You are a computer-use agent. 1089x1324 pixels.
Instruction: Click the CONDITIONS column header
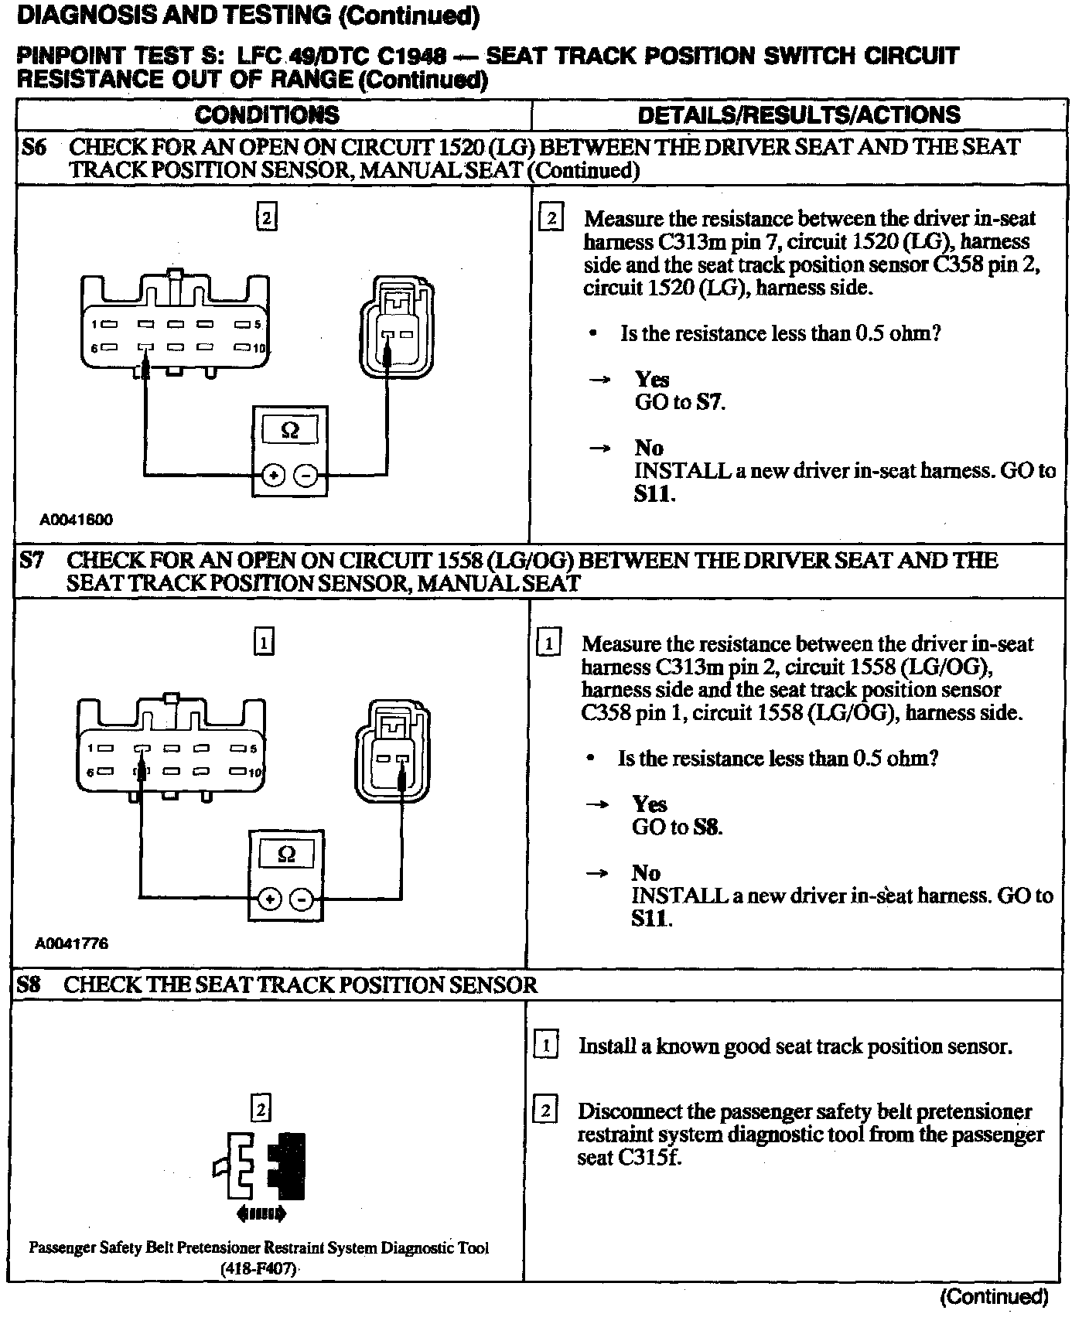click(267, 115)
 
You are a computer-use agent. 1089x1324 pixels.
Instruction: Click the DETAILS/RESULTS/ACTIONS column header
click(798, 115)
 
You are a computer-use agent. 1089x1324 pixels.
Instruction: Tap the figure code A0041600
click(77, 520)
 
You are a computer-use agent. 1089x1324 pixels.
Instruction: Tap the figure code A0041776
click(72, 944)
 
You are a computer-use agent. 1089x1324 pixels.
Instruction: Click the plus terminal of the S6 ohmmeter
click(272, 476)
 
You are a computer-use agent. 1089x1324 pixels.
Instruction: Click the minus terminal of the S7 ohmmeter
click(302, 899)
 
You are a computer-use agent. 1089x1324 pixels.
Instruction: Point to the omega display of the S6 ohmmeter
click(290, 429)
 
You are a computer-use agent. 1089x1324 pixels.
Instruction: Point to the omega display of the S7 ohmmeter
click(286, 854)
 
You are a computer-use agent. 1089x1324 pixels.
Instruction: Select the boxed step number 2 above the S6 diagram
click(266, 218)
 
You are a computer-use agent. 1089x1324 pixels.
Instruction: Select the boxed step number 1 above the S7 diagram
click(264, 643)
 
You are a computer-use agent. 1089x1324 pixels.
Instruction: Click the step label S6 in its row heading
click(33, 147)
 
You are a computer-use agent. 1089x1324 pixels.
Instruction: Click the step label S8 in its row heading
click(29, 984)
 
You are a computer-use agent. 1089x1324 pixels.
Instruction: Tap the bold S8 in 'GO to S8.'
click(706, 827)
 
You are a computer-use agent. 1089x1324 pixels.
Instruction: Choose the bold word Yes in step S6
click(652, 379)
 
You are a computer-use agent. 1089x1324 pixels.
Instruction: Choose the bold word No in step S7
click(646, 873)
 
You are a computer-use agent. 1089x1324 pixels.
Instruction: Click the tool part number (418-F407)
click(259, 1270)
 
